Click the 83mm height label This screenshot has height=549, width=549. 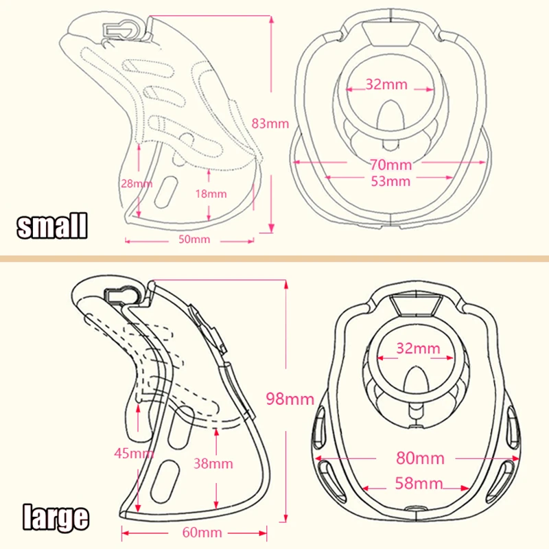[x=272, y=124]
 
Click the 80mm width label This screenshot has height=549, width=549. [x=420, y=457]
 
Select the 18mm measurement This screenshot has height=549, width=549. [x=210, y=194]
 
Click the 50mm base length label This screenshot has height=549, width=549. [x=195, y=240]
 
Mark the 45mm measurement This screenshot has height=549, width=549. [x=134, y=452]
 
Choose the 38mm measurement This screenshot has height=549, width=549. [x=214, y=463]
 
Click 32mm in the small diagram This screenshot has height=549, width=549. [x=386, y=85]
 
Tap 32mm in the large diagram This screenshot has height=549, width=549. [x=418, y=348]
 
